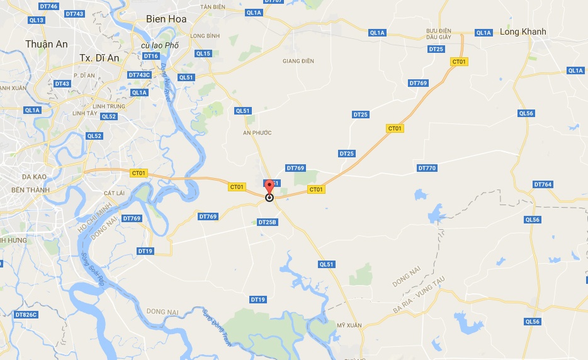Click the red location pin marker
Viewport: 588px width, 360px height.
[269, 188]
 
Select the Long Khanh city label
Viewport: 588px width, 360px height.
[523, 31]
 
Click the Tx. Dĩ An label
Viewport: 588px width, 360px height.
[99, 57]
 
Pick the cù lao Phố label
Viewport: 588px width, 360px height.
[161, 45]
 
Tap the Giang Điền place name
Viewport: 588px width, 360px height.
[298, 61]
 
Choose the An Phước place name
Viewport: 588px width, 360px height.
[257, 133]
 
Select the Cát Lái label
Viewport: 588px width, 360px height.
[113, 193]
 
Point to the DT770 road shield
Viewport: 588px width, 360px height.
[427, 168]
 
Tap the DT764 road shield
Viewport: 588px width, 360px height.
[543, 184]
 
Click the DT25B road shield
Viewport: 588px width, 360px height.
[268, 222]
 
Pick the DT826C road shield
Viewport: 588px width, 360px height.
[26, 314]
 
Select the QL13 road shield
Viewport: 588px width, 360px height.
[37, 20]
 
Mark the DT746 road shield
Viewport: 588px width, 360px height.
[48, 6]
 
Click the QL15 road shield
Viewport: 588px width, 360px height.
[203, 53]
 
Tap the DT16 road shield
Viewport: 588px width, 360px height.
[151, 56]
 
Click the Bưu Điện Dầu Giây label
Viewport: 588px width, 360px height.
[439, 33]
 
